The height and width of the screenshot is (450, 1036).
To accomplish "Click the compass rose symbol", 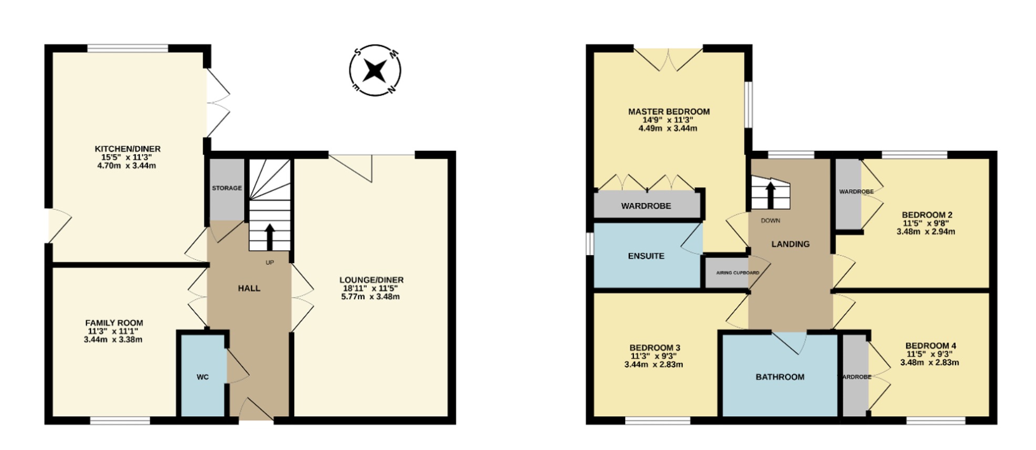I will click(x=375, y=70).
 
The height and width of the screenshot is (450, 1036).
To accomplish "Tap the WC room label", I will click(x=202, y=377).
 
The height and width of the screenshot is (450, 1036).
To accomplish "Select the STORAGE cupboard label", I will click(x=227, y=188).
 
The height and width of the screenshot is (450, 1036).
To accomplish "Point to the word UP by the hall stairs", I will click(x=270, y=262).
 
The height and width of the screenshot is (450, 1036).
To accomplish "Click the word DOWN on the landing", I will click(x=770, y=220).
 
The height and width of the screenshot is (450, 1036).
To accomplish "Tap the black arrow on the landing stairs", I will click(x=770, y=195).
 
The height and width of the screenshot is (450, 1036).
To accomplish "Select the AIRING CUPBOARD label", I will click(x=738, y=273).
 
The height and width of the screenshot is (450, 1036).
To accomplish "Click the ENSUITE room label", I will click(x=646, y=256).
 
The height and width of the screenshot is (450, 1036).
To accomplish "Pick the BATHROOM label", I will click(x=780, y=377).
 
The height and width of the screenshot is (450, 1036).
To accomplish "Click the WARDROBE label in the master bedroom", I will click(x=646, y=206).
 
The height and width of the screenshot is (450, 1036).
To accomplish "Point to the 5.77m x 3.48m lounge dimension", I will click(x=371, y=296).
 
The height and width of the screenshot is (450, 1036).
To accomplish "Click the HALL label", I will click(x=249, y=288).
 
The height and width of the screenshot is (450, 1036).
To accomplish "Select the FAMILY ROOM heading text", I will click(x=114, y=323).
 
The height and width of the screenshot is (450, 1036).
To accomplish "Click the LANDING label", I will click(x=790, y=244).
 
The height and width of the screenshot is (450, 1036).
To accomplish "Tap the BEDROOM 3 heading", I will click(x=655, y=347).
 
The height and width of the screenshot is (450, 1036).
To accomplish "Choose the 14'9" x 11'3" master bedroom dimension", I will click(x=668, y=120).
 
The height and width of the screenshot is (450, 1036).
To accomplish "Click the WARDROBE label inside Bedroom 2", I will click(x=856, y=191).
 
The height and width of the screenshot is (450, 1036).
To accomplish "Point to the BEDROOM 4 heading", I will click(x=930, y=345).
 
